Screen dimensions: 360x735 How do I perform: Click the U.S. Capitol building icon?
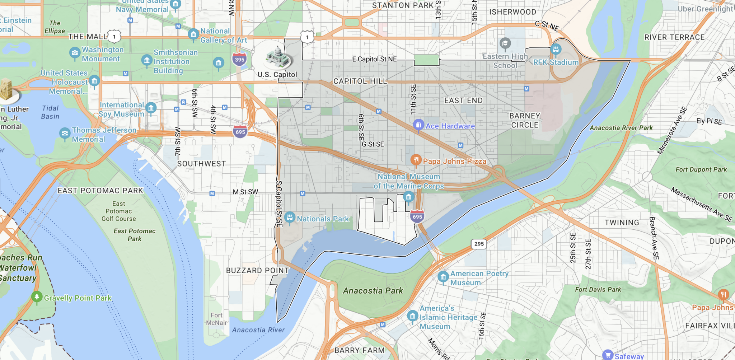click(x=277, y=58)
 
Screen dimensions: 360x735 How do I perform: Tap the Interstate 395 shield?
click(x=239, y=60)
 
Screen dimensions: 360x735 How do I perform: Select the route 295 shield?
click(x=479, y=244)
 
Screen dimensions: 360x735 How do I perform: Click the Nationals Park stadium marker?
click(x=290, y=217)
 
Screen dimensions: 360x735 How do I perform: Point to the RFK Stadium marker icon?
click(x=556, y=49)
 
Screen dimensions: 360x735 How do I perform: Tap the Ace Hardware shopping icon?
click(x=418, y=125)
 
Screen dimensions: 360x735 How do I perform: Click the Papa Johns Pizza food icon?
click(x=416, y=160)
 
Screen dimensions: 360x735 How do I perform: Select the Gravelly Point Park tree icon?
click(x=37, y=296)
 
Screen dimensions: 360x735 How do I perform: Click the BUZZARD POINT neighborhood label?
click(x=257, y=271)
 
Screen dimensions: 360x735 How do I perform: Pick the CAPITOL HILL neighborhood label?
click(x=360, y=81)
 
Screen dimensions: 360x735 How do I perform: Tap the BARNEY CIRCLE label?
click(x=525, y=121)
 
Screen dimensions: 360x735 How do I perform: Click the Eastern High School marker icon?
click(x=505, y=43)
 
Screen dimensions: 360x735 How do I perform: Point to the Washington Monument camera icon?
click(x=75, y=53)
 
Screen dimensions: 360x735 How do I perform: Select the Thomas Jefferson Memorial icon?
click(x=65, y=133)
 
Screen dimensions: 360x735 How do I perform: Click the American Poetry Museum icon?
click(x=443, y=277)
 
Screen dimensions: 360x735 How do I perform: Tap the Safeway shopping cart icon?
click(x=608, y=355)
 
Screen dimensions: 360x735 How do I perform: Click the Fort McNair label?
click(x=216, y=319)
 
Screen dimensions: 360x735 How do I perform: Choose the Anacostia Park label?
click(x=373, y=291)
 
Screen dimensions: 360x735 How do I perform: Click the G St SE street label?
click(x=373, y=144)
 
